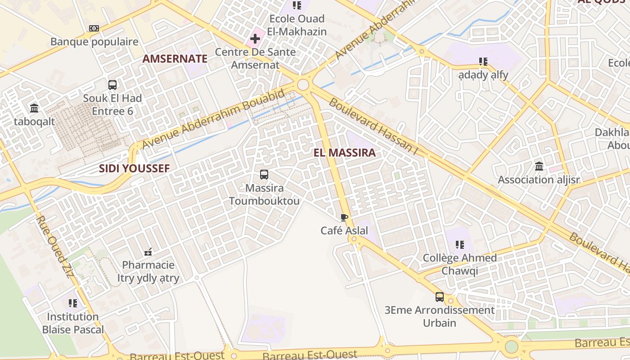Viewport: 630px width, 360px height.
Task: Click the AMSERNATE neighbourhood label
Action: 175,58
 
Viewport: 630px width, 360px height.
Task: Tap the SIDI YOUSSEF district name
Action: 134,169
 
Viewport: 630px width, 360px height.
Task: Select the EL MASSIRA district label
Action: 344,153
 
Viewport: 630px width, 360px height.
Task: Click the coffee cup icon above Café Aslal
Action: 344,218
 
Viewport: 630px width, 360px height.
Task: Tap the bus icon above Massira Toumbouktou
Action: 264,175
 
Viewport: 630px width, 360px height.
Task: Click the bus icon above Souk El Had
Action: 112,85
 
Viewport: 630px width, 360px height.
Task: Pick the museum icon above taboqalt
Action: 34,108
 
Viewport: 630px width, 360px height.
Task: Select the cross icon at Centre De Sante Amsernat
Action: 255,39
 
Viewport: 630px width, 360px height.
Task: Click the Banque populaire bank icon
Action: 94,28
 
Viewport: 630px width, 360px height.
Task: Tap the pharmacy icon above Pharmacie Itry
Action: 148,252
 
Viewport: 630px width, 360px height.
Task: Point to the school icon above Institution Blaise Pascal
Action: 73,303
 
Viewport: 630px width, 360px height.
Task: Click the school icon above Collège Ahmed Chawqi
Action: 459,245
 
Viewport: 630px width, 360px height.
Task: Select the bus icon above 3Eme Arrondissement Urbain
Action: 439,297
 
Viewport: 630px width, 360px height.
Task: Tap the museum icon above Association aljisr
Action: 539,166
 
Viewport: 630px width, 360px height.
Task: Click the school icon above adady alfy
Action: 483,61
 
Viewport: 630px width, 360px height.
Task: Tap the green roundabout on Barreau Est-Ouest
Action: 511,346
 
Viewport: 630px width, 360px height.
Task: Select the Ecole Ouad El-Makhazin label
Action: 297,25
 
